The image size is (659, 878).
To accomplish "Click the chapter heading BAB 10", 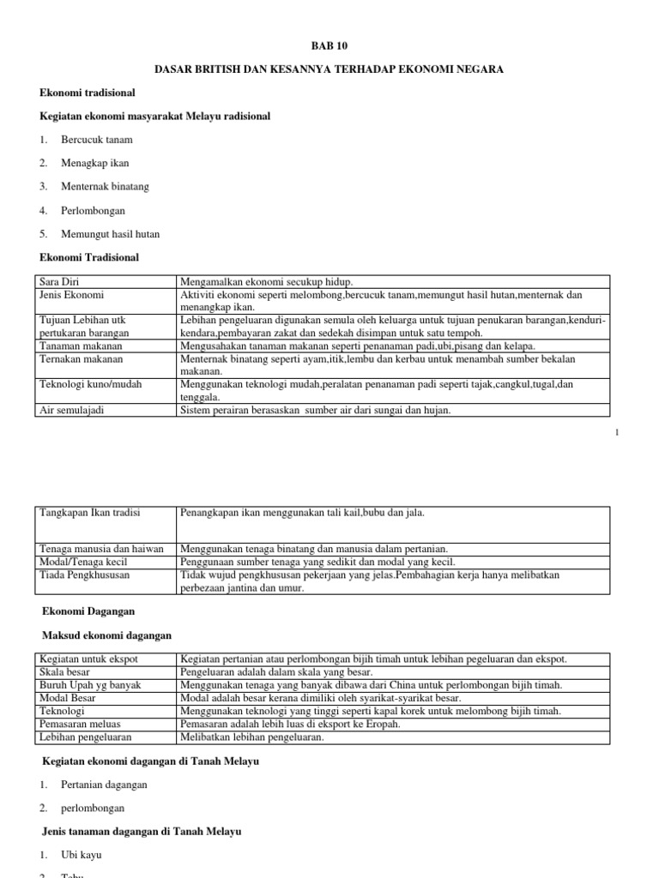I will click(x=329, y=45).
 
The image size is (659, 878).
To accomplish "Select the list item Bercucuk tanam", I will click(x=97, y=139).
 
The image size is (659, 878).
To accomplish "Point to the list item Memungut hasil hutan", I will click(x=110, y=233).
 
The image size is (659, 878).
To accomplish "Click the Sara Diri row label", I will click(x=58, y=281).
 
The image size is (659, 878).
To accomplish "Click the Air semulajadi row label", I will click(x=73, y=410).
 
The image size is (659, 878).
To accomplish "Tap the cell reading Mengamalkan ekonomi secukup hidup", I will click(x=266, y=281).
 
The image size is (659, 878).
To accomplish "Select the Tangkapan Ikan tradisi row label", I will click(x=90, y=513).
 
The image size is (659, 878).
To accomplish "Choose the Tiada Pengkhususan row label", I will click(x=85, y=574).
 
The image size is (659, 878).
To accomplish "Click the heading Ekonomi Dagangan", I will click(x=89, y=611).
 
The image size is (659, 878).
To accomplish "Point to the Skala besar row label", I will click(x=67, y=671).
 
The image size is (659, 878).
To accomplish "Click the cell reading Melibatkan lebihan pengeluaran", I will click(x=251, y=737).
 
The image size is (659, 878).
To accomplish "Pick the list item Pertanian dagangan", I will click(x=104, y=784).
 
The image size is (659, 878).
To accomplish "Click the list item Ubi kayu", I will click(x=82, y=855).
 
